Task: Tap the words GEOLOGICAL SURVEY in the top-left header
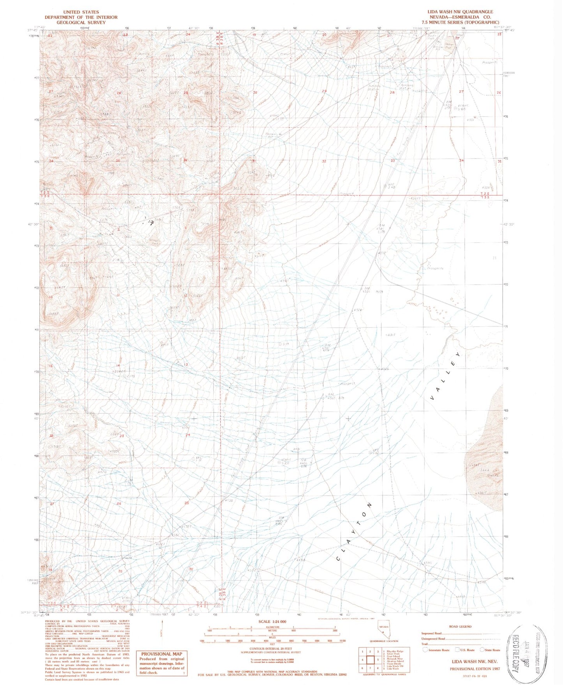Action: click(x=81, y=22)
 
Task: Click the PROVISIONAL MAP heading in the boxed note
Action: click(x=161, y=654)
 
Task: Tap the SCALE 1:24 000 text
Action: click(x=275, y=622)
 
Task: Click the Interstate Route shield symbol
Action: click(x=425, y=650)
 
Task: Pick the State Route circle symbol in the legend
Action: click(x=482, y=650)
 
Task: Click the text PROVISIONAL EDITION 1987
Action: click(x=475, y=669)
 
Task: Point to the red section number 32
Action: click(x=324, y=161)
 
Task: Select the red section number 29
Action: click(x=324, y=91)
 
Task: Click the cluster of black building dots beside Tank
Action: click(x=150, y=222)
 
